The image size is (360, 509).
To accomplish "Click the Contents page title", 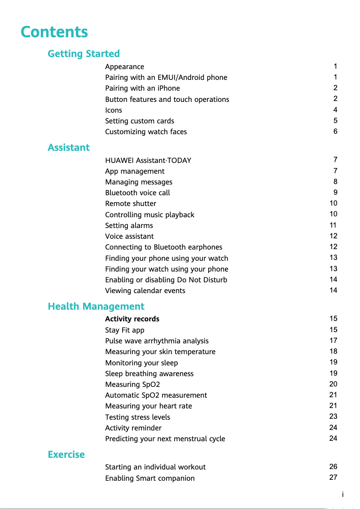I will (54, 32).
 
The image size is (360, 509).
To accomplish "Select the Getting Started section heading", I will (83, 54).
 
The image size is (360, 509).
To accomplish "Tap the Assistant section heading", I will (69, 148).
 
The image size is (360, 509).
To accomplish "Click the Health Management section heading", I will (96, 307).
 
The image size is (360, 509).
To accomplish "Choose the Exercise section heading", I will (66, 455).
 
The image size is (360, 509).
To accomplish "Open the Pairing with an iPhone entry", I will (142, 88).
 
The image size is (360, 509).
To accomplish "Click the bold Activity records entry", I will (132, 319).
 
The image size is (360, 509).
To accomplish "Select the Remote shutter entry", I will (131, 204).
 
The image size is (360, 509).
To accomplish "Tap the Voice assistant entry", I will (129, 237).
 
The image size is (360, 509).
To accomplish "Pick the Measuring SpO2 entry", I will (132, 385).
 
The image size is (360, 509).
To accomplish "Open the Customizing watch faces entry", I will (146, 132).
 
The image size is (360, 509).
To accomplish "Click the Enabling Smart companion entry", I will (150, 478).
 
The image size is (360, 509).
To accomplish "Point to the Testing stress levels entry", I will (137, 417).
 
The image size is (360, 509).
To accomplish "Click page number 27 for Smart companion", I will (333, 478).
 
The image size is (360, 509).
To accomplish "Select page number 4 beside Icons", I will (335, 110).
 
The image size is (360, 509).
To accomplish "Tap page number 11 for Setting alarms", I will (333, 225).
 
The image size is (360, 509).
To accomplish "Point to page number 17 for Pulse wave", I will (333, 341).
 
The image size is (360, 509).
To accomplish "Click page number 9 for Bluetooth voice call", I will (335, 193).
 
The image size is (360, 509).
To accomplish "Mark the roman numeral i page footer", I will (343, 495).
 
